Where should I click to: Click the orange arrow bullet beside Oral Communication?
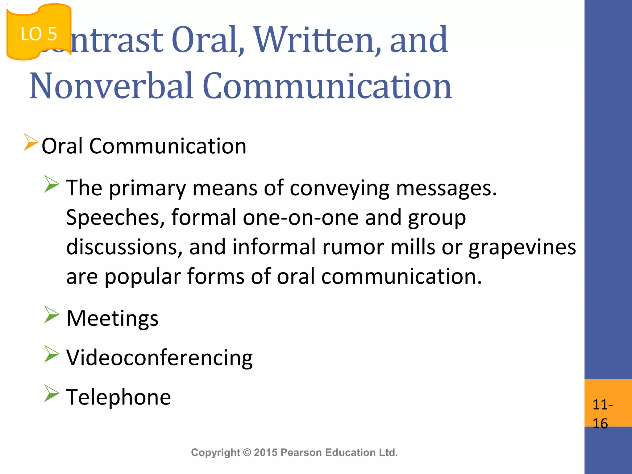(x=31, y=143)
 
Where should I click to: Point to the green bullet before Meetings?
(x=51, y=314)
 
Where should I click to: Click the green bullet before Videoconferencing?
(x=51, y=354)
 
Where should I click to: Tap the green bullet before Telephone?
(x=51, y=393)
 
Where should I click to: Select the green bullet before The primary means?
(x=51, y=184)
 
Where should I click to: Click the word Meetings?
(x=112, y=318)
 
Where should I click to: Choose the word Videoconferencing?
(x=160, y=358)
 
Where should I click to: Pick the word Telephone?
(x=118, y=397)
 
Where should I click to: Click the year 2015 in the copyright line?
(x=266, y=453)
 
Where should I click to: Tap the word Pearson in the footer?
(x=301, y=453)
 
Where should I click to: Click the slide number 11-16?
(x=602, y=414)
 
